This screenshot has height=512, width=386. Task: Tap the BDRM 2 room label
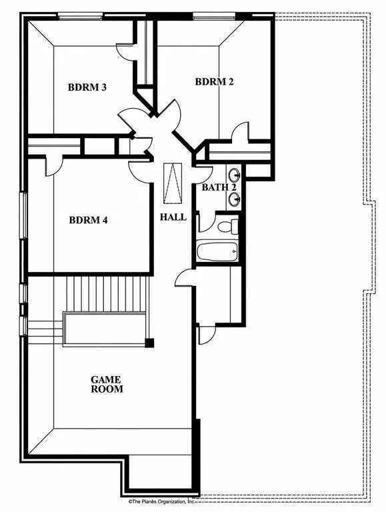214,81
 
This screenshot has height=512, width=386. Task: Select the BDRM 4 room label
88,220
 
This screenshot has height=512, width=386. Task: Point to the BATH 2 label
219,187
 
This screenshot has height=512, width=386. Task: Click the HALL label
173,217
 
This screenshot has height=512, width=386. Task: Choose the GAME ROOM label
107,384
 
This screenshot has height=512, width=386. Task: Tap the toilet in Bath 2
226,225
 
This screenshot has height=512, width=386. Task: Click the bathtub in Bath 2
217,253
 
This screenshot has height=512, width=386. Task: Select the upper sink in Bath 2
235,175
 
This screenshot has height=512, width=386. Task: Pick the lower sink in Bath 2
235,198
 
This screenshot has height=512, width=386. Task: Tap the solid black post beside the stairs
150,343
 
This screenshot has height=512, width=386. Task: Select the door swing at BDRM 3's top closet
126,51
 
